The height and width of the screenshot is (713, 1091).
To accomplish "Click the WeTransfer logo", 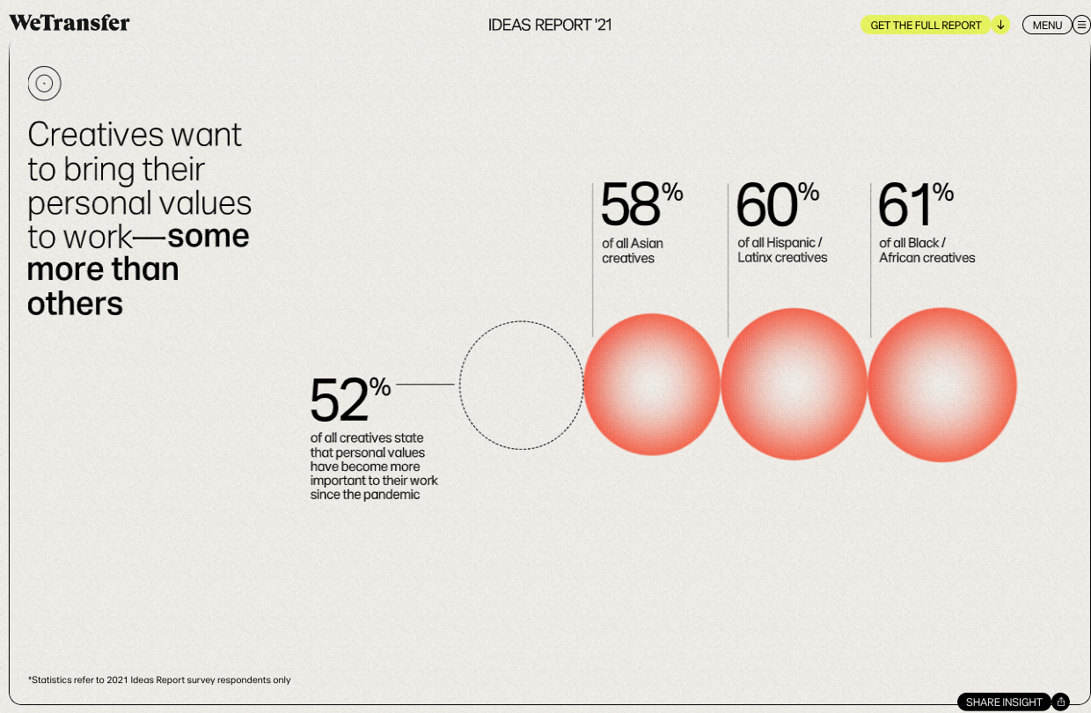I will (x=70, y=23).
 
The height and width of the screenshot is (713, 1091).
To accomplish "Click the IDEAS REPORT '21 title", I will (x=550, y=25).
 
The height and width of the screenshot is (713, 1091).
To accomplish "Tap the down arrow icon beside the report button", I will (x=1000, y=25).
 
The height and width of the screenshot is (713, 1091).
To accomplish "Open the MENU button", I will (x=1047, y=25).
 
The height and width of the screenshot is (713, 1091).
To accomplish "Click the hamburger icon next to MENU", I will (x=1082, y=25).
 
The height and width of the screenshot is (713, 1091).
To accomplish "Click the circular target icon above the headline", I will (x=44, y=84).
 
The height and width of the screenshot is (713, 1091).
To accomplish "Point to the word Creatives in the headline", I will (x=97, y=135).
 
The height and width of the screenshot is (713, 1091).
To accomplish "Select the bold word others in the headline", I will (x=75, y=304).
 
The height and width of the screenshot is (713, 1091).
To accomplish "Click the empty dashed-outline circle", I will (x=521, y=384).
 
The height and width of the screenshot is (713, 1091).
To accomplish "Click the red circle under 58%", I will (x=652, y=384).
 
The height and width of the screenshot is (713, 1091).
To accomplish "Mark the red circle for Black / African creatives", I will (x=942, y=384).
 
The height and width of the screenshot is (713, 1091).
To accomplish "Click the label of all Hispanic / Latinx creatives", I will (x=782, y=250).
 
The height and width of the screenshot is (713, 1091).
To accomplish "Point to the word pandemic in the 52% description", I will (x=391, y=495).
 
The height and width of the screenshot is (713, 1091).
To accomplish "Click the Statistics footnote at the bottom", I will (x=159, y=680).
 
